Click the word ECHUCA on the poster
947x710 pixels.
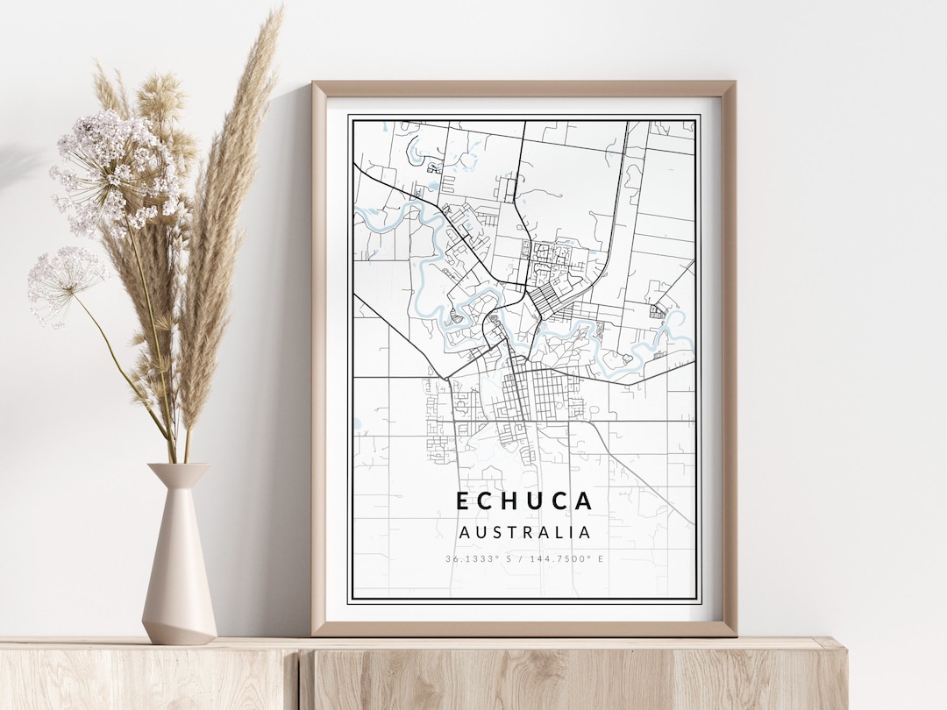[524, 501]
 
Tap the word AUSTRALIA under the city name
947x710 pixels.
[524, 532]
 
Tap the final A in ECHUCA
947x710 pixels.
[585, 501]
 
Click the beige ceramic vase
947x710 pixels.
[179, 561]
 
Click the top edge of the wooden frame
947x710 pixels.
[523, 89]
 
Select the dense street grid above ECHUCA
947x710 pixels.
[535, 394]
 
